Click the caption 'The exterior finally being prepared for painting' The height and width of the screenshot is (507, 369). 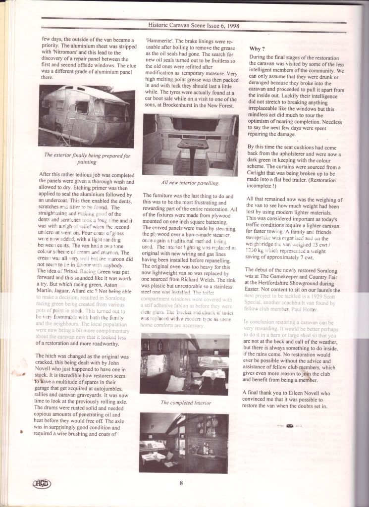click(87, 158)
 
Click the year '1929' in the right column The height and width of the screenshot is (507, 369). click(307, 287)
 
